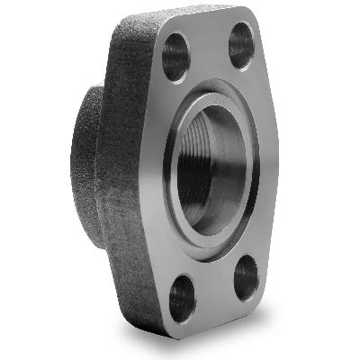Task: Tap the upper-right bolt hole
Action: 241,44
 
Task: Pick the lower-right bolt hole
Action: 246,277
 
